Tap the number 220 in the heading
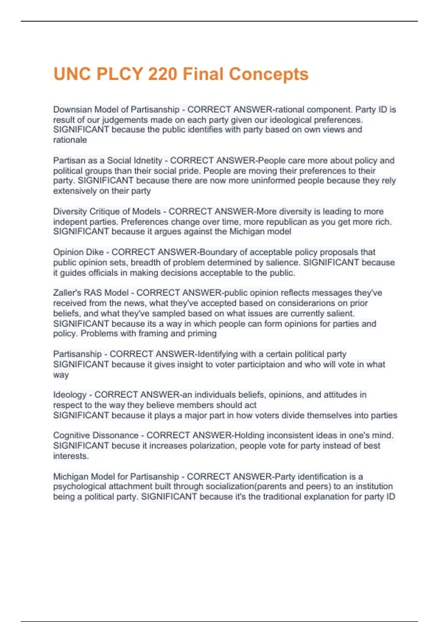[162, 74]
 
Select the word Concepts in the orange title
[269, 74]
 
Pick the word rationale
[70, 140]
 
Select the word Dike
[95, 252]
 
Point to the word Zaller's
[67, 293]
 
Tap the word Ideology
[70, 395]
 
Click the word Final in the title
[202, 74]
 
